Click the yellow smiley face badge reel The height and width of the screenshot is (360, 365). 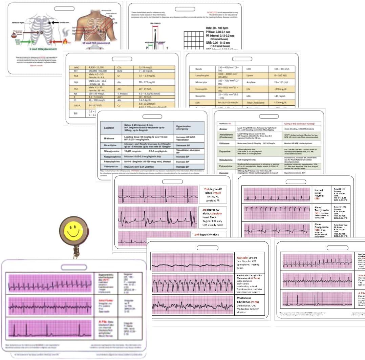coord(72,231)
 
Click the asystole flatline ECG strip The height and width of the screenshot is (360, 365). coord(192,263)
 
